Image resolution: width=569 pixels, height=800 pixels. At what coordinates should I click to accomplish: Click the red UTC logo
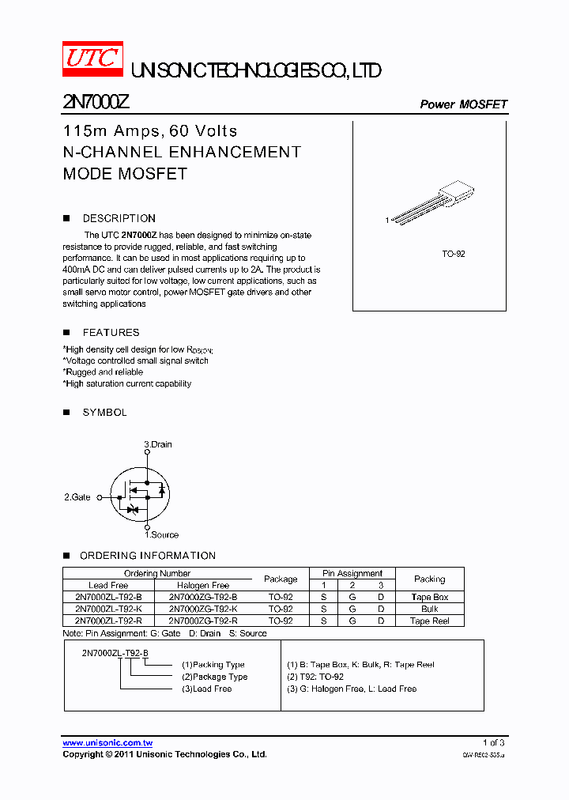[92, 59]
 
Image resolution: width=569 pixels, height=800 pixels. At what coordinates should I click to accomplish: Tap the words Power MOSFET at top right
[463, 104]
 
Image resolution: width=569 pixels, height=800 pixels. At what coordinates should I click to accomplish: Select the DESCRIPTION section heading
[119, 218]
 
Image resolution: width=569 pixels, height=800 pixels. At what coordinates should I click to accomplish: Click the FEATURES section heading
[111, 333]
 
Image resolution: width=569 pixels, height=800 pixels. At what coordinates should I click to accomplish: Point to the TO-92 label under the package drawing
[453, 255]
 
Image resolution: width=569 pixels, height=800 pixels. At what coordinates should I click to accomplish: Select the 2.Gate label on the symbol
[77, 497]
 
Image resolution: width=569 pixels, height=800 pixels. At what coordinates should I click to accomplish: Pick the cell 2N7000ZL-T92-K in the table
[108, 609]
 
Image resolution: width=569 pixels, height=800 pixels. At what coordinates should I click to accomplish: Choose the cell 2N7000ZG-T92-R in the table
[203, 621]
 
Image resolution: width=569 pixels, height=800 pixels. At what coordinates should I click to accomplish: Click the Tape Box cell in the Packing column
[429, 597]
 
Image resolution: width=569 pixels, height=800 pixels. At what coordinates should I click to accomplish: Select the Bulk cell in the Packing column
[429, 609]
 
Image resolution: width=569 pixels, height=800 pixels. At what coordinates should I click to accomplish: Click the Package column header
[281, 579]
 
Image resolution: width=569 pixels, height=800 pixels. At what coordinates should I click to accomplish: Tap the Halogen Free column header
[203, 585]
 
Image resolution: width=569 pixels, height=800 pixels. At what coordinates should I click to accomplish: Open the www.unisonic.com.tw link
[107, 742]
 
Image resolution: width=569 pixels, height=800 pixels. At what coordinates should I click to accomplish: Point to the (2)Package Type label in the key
[214, 677]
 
